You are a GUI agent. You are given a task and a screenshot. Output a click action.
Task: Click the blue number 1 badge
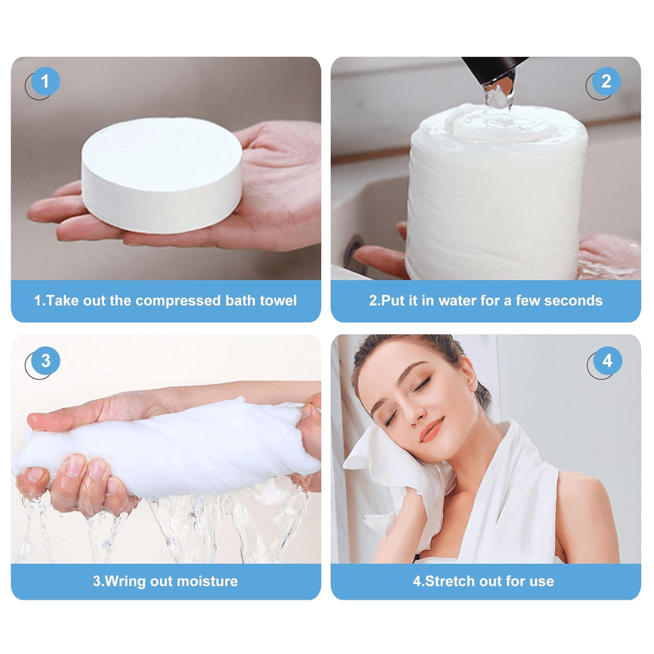click(x=45, y=82)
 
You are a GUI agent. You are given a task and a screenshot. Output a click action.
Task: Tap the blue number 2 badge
click(x=606, y=82)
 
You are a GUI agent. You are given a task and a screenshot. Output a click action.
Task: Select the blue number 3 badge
click(x=45, y=361)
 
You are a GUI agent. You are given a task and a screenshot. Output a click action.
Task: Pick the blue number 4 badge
click(x=608, y=361)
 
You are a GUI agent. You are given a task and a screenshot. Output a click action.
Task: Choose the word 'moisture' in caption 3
click(x=207, y=581)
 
